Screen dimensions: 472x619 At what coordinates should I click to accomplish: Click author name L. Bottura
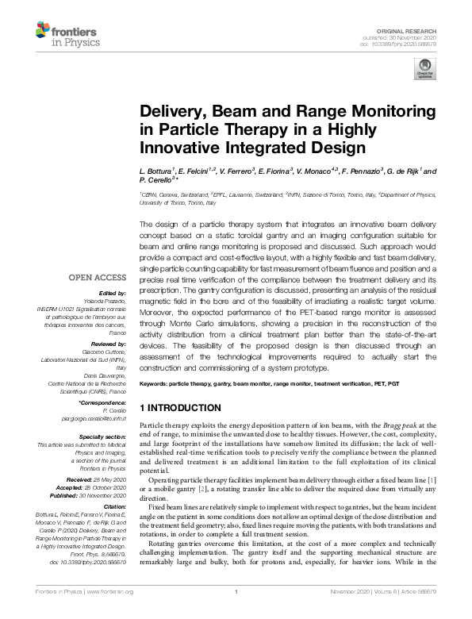tap(156, 171)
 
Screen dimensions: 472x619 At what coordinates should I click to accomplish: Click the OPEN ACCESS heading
tap(97, 279)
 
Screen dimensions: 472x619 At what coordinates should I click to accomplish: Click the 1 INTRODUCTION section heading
tap(180, 408)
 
